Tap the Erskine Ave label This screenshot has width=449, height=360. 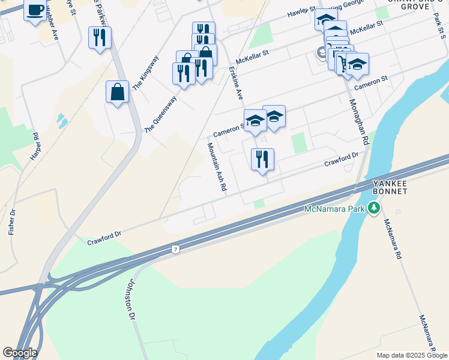click(235, 83)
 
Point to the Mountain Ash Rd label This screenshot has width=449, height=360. click(217, 167)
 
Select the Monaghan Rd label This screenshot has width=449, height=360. click(358, 122)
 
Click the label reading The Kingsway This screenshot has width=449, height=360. click(145, 73)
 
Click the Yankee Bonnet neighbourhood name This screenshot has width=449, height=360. click(390, 187)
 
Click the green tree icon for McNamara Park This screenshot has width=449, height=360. click(375, 208)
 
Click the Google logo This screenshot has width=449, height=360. click(20, 353)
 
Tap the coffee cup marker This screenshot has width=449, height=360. click(35, 10)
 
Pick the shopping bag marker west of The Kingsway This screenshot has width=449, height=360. click(118, 92)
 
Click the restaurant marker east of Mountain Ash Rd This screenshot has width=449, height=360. click(262, 160)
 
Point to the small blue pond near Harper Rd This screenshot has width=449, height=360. click(61, 121)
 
